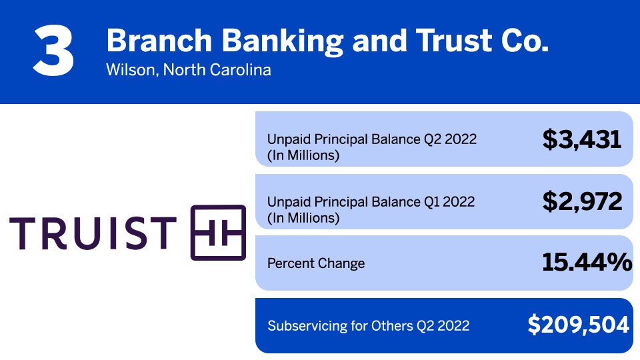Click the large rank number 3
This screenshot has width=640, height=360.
point(53,50)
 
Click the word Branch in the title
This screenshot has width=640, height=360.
point(159,41)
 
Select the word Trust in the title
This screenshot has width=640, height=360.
point(454,41)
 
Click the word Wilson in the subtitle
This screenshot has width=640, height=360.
point(131,70)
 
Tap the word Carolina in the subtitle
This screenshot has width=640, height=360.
point(241,70)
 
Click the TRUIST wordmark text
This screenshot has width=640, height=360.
point(93,233)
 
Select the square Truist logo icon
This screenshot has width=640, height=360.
point(219,233)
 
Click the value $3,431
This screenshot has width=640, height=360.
point(581,139)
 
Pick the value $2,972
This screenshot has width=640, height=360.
point(582,201)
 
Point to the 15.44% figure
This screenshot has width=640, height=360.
point(587,262)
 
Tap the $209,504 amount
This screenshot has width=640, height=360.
point(579,325)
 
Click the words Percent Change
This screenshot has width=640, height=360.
point(316,263)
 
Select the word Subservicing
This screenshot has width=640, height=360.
point(307,326)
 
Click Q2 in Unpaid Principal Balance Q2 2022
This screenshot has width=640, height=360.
point(433,139)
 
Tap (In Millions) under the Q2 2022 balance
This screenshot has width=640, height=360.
point(303,155)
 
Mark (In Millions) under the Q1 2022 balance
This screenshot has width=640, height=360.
point(303,218)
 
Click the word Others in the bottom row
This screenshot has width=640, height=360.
point(392,326)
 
